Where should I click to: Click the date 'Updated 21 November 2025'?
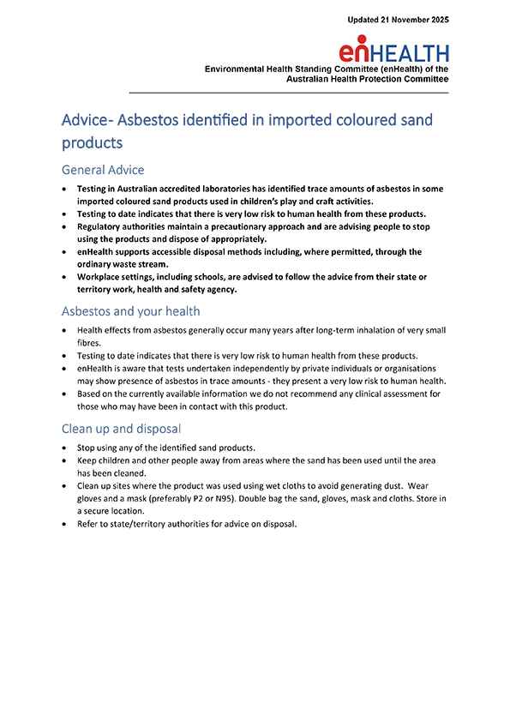tap(398, 19)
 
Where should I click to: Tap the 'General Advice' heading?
tap(103, 170)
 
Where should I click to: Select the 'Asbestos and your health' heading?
tap(130, 311)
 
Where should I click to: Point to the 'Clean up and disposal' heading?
tap(120, 428)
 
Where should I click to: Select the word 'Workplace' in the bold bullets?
tap(102, 277)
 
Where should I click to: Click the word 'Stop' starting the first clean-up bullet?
tap(87, 448)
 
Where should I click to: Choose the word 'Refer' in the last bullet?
tap(88, 525)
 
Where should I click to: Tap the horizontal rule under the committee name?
tap(288, 91)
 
